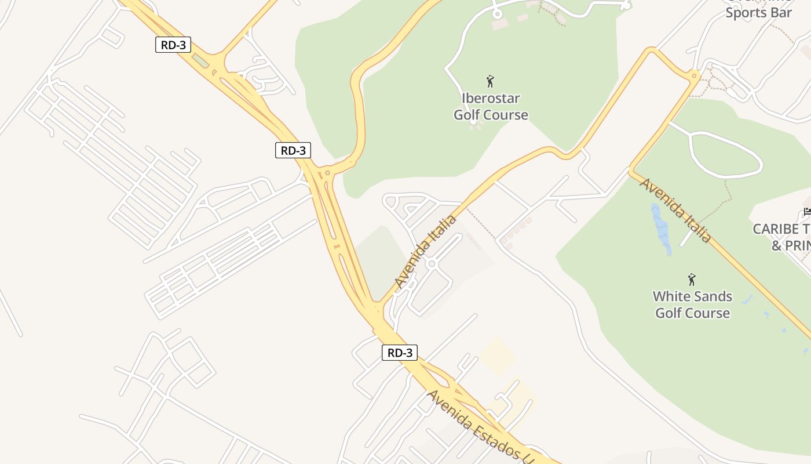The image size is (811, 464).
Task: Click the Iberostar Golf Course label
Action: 491,106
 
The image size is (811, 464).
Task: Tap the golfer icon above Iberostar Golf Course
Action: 490,81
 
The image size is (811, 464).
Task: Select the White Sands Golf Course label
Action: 692,304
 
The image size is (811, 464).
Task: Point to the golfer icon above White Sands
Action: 691,280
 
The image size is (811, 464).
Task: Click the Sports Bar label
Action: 758,13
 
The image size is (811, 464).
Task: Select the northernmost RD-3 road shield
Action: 173,45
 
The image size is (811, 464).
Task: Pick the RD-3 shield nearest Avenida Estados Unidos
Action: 400,352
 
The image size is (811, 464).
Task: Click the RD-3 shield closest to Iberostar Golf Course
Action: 293,151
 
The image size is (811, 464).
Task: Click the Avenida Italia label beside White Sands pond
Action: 675,210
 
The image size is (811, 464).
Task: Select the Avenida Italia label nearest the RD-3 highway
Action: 425,252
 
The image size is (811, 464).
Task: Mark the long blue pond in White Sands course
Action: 661,228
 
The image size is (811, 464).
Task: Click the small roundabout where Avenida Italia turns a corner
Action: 694,75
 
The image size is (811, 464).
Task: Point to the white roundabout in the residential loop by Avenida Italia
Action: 431,264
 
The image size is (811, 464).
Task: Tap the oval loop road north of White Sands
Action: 726,155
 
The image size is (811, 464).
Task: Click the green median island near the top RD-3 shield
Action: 200,60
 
